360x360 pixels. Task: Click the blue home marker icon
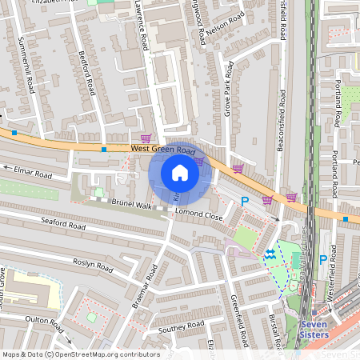pos(180,173)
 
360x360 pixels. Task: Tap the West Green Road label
pos(163,149)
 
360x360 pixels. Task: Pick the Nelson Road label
pos(225,29)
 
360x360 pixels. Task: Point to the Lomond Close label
pos(199,215)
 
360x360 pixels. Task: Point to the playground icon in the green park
pos(270,254)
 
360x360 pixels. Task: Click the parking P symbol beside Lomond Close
pos(245,202)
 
